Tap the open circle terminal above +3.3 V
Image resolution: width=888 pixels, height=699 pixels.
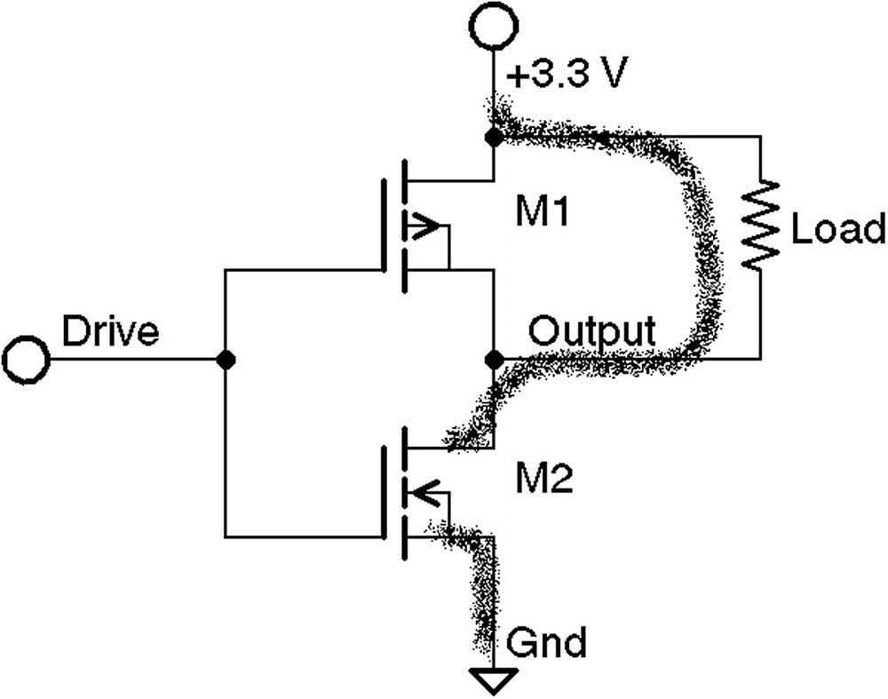click(493, 28)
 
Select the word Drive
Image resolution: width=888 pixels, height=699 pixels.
click(110, 331)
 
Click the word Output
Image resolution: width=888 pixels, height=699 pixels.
click(592, 331)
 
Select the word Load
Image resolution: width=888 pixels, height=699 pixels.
click(837, 229)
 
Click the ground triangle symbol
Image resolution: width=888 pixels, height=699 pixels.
click(493, 679)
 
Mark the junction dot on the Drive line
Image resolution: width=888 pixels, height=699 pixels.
click(226, 360)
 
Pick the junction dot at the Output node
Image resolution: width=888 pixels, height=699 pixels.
click(493, 360)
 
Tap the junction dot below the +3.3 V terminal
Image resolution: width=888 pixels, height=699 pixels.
click(493, 138)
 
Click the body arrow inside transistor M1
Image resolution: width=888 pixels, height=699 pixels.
click(422, 226)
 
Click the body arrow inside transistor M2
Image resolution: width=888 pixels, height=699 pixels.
click(422, 491)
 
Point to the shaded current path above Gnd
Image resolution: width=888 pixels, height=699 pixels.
click(484, 586)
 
